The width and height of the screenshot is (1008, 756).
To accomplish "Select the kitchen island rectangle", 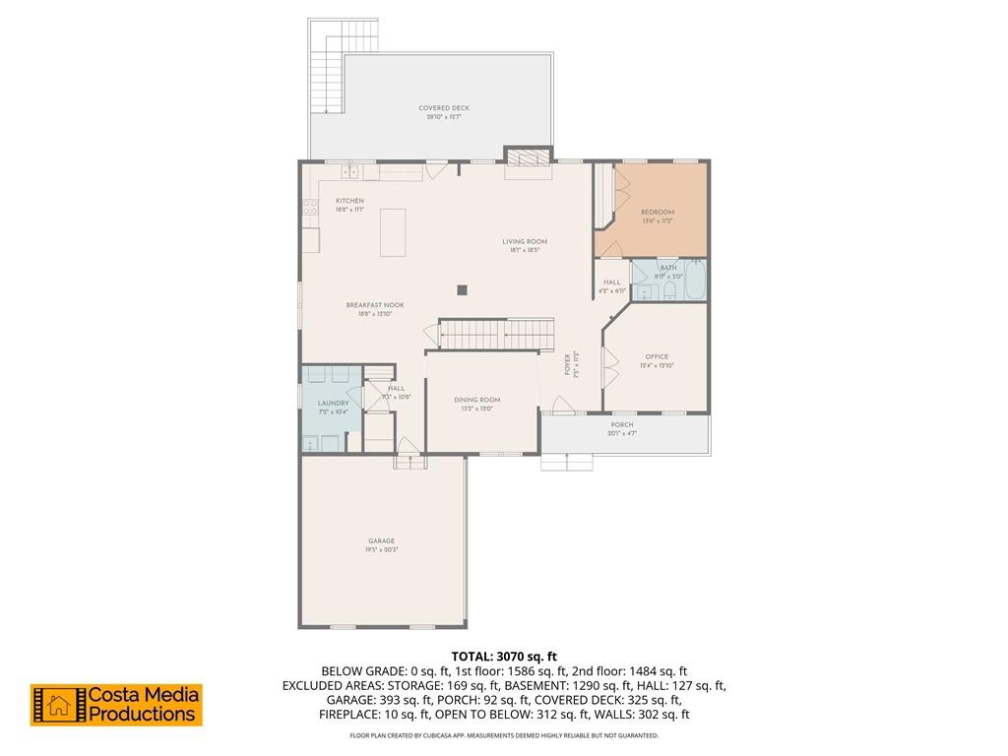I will tap(393, 231).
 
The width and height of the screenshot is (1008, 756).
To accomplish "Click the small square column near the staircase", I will tap(462, 289).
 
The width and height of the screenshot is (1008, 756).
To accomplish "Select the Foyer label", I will tap(568, 365).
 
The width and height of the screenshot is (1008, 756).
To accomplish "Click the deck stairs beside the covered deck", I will tap(324, 69).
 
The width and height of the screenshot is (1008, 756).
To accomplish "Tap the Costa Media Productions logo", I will tap(116, 705).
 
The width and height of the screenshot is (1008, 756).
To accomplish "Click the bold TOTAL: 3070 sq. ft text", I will tap(504, 656).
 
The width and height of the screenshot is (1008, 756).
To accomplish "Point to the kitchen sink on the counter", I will tap(349, 172).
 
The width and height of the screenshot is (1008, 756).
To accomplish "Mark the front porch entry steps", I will tap(566, 463).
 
